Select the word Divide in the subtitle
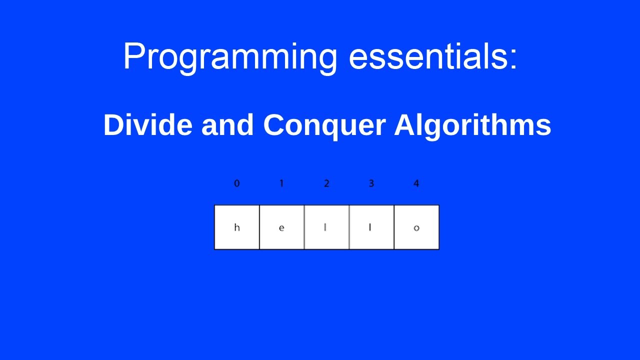coord(147,125)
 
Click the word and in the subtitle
coord(227,125)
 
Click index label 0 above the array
coord(236,183)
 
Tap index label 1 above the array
coord(281,183)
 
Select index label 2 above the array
coord(326,183)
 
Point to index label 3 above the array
coord(371,183)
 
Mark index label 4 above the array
coord(416,183)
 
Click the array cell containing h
coord(237,227)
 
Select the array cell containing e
coord(282,227)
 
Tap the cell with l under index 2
coord(326,227)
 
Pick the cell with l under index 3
coord(371,227)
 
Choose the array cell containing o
coord(416,227)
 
